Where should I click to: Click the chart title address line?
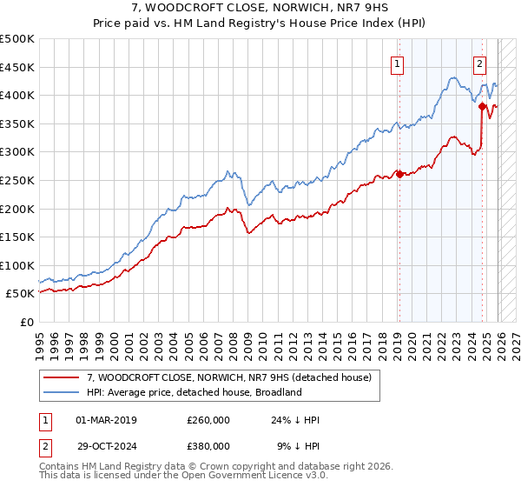260,9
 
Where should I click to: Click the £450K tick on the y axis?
17,67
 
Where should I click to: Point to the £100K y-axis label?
17,265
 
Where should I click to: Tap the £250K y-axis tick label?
17,180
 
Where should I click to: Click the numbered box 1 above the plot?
398,63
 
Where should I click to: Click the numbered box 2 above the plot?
479,63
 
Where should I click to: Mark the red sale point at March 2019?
399,174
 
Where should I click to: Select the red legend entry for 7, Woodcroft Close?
229,377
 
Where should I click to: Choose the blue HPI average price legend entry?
194,392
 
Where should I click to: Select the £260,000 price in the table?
208,420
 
